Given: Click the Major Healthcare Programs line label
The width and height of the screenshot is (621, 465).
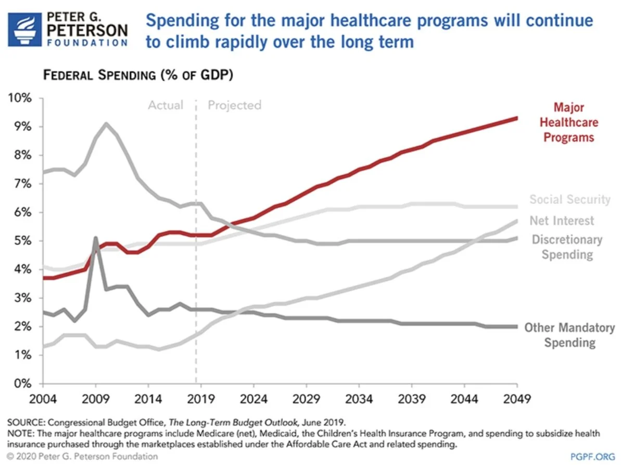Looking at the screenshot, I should pyautogui.click(x=568, y=123).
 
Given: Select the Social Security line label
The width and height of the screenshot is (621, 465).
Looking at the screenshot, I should pyautogui.click(x=569, y=200).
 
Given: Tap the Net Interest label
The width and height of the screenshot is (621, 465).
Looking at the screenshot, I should pyautogui.click(x=561, y=221).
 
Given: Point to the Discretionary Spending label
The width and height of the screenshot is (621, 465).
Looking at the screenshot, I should pyautogui.click(x=566, y=247).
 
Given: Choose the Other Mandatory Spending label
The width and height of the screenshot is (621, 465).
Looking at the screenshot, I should pyautogui.click(x=569, y=335).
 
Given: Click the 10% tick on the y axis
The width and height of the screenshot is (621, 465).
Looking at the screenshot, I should pyautogui.click(x=19, y=98).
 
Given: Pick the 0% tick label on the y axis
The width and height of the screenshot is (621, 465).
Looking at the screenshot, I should pyautogui.click(x=22, y=384).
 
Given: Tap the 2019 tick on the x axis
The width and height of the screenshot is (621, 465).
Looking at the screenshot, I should pyautogui.click(x=201, y=399).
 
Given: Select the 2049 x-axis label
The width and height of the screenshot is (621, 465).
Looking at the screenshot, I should pyautogui.click(x=517, y=399).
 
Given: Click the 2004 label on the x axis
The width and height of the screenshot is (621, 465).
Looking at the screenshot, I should pyautogui.click(x=42, y=399).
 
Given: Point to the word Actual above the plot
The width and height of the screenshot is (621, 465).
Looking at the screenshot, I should pyautogui.click(x=166, y=106).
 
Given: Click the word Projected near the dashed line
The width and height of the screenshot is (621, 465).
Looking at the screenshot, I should pyautogui.click(x=234, y=106).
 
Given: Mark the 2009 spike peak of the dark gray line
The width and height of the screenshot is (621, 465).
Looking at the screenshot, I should pyautogui.click(x=95, y=238).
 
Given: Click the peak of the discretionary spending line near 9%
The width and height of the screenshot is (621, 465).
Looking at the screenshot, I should pyautogui.click(x=106, y=124).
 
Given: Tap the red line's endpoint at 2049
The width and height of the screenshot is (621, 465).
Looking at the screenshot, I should pyautogui.click(x=516, y=118).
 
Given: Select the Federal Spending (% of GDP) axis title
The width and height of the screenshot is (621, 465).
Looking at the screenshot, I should pyautogui.click(x=137, y=75).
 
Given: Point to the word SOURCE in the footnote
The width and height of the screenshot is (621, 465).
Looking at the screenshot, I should pyautogui.click(x=24, y=421).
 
